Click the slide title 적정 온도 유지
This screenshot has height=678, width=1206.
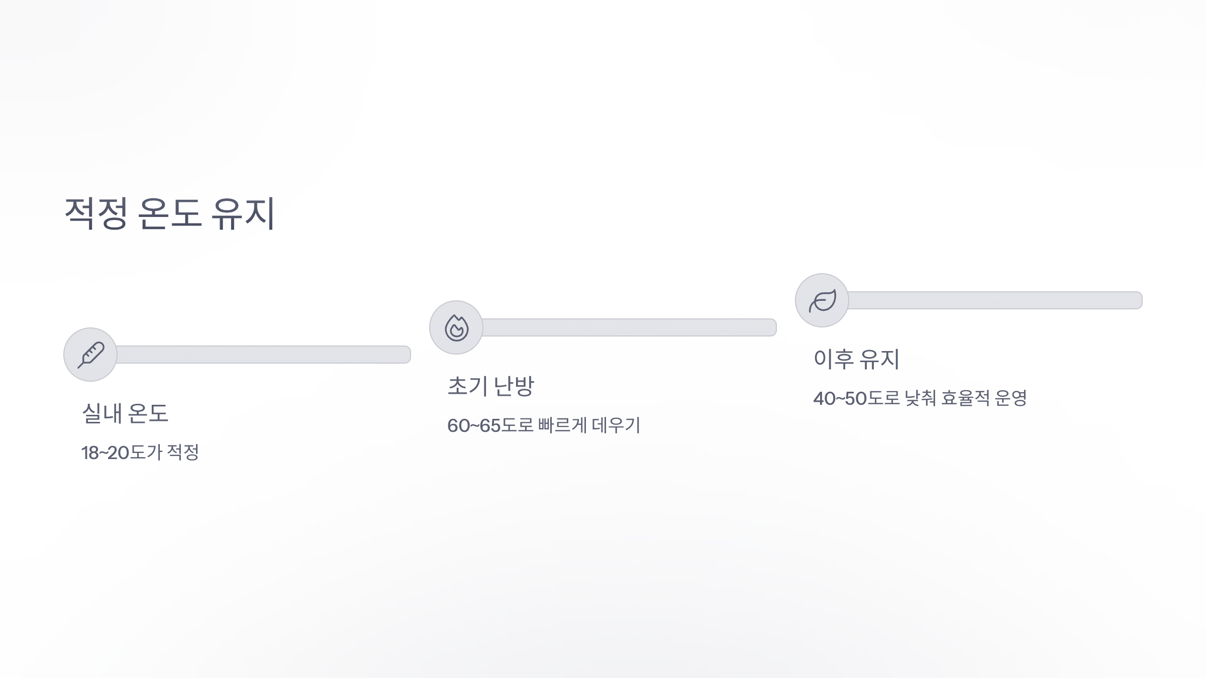(x=170, y=213)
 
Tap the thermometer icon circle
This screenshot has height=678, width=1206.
(x=90, y=355)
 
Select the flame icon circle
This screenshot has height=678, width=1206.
(x=456, y=327)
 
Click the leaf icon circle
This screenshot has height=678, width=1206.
(x=822, y=300)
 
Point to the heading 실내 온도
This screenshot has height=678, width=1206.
(x=125, y=413)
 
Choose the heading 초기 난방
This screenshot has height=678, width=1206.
(x=490, y=386)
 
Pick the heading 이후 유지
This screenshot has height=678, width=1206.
(x=856, y=359)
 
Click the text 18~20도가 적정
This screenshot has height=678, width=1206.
(x=140, y=453)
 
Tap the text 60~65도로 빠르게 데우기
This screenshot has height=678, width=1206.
(x=544, y=425)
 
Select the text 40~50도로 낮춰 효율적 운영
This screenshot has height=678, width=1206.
(x=920, y=398)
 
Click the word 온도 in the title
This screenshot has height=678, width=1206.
(x=169, y=213)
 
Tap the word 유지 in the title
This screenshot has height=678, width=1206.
(x=243, y=213)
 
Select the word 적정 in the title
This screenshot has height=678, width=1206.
(x=96, y=213)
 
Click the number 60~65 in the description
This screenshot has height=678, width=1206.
(x=474, y=426)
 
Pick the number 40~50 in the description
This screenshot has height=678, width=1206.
(x=840, y=399)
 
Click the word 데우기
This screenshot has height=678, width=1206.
(x=616, y=425)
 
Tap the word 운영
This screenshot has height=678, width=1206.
(x=1011, y=398)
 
